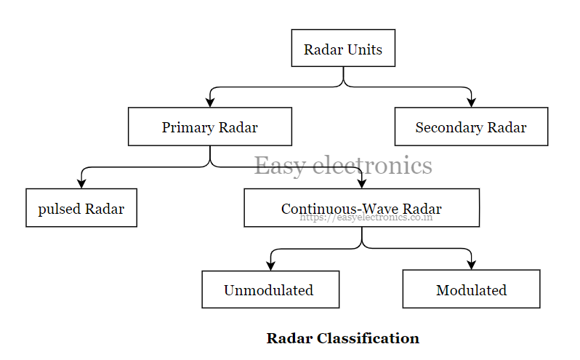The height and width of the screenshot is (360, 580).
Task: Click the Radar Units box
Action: tap(343, 48)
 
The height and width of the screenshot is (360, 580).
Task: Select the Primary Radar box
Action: tap(210, 127)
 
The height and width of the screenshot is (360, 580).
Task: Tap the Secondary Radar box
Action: tap(471, 127)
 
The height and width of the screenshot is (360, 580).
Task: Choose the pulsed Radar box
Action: tap(81, 208)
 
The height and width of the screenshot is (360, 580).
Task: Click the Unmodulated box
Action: tap(270, 289)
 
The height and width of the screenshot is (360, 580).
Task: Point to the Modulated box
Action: tap(471, 289)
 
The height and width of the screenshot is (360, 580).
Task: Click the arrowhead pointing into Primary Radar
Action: tap(210, 103)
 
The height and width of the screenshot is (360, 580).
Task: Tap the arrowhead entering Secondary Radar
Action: tap(471, 103)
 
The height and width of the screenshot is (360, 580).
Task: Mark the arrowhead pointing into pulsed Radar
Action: tap(81, 185)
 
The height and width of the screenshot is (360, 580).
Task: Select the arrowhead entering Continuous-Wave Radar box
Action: tap(361, 185)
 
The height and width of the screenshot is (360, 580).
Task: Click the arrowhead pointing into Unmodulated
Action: tap(270, 266)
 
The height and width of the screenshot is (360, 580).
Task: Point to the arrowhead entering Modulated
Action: tap(471, 266)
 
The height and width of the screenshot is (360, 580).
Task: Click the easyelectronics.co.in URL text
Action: tap(366, 217)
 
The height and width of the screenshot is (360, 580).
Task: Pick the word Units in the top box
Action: tap(364, 49)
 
